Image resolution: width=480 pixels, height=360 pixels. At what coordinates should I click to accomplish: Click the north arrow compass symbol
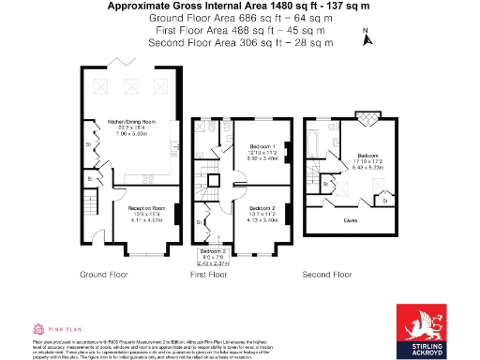click(x=367, y=38)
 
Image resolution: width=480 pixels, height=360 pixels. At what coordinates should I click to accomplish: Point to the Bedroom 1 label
click(x=262, y=146)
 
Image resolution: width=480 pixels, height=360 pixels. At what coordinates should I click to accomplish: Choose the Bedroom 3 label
click(x=212, y=251)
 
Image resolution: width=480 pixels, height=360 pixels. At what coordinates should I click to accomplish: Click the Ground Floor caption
click(x=104, y=275)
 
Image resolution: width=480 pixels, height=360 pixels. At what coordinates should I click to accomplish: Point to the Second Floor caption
click(x=326, y=275)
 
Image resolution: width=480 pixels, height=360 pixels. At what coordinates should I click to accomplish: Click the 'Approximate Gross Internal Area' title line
click(x=240, y=7)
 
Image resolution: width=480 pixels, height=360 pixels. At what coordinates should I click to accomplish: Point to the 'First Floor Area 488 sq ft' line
click(x=240, y=30)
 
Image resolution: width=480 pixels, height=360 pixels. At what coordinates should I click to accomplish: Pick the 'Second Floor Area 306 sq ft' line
click(x=240, y=42)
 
